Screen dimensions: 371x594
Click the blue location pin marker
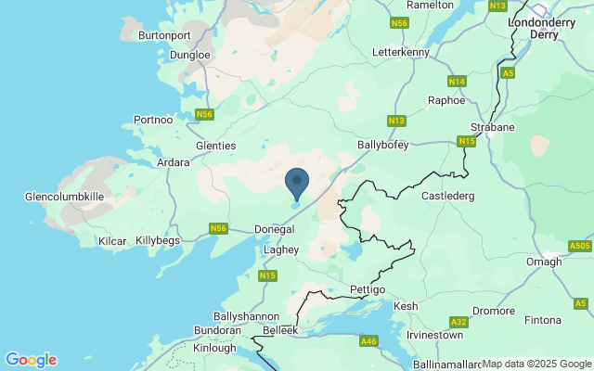click(297, 183)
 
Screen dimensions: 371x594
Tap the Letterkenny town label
click(400, 52)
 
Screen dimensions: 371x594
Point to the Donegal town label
click(275, 229)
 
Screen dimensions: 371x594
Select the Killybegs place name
click(158, 240)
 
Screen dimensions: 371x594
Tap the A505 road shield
click(580, 246)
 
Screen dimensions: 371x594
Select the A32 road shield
click(458, 322)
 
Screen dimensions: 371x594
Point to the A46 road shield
click(368, 341)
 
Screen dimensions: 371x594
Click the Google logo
click(31, 360)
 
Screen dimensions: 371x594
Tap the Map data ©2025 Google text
click(536, 364)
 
